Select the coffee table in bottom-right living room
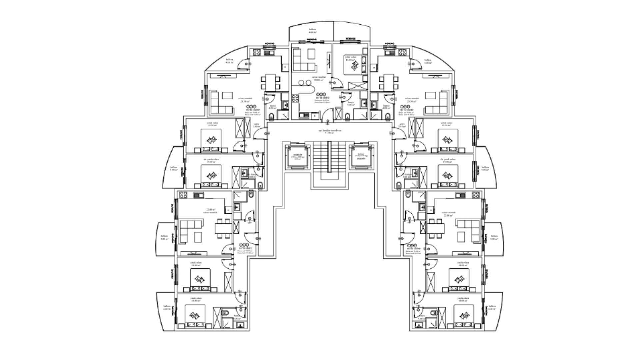[x=462, y=237]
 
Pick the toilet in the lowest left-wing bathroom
[x=225, y=313]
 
